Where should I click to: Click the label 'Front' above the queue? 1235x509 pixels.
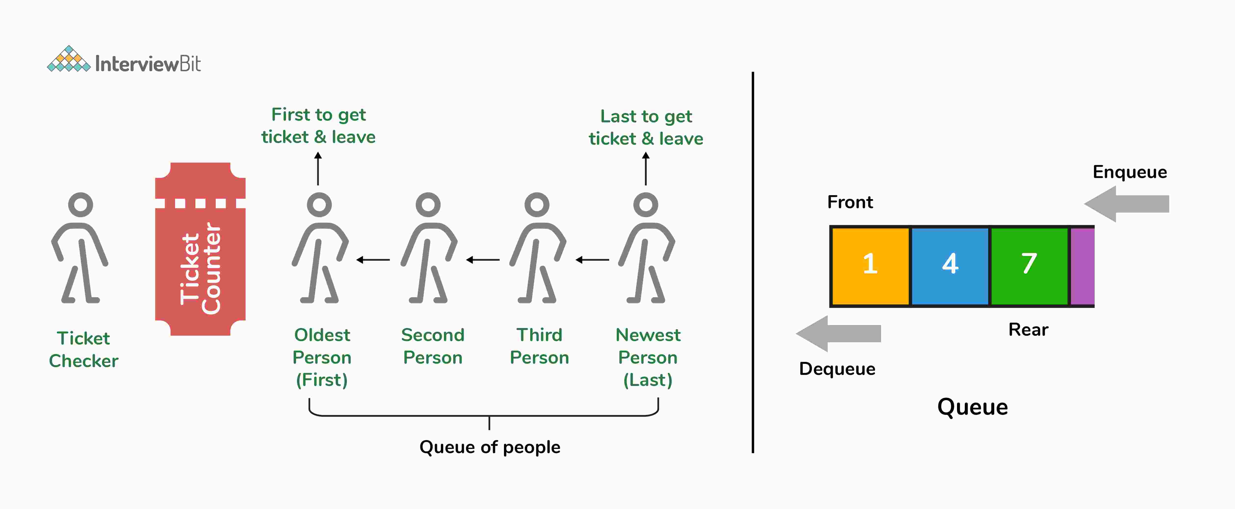[x=850, y=202]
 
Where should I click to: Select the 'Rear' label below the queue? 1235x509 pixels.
[x=1028, y=330]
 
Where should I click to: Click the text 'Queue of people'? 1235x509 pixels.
[x=490, y=447]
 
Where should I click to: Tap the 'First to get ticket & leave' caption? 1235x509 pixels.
[x=318, y=126]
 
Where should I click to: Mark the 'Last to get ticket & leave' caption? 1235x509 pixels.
[x=646, y=127]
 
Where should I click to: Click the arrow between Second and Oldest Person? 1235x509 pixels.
[x=373, y=260]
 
